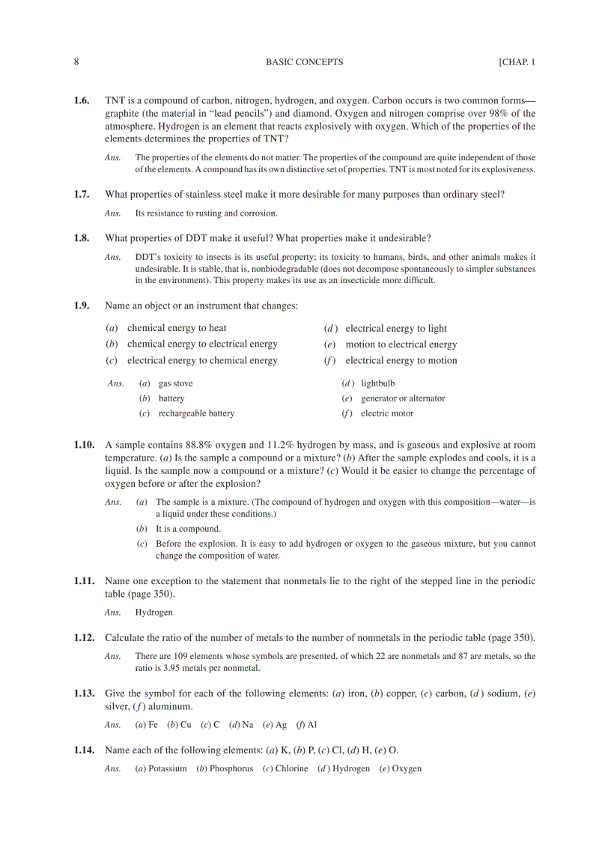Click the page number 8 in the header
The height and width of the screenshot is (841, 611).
point(76,62)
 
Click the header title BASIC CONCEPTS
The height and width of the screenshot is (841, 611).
point(304,62)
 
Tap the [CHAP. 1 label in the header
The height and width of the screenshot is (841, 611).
point(517,62)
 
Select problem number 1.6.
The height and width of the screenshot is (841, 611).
point(82,100)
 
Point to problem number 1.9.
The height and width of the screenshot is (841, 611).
point(82,306)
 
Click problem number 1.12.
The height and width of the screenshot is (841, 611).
point(84,638)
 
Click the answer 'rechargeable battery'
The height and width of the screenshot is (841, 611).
point(195,413)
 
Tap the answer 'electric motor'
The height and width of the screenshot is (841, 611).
point(386,413)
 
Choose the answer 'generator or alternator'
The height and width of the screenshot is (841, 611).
point(402,398)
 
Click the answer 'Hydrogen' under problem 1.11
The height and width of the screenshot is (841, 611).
point(153,613)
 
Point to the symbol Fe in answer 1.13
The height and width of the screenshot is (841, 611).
point(153,725)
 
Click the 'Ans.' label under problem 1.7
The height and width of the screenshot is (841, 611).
point(113,213)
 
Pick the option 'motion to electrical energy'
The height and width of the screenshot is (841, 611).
point(401,344)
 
